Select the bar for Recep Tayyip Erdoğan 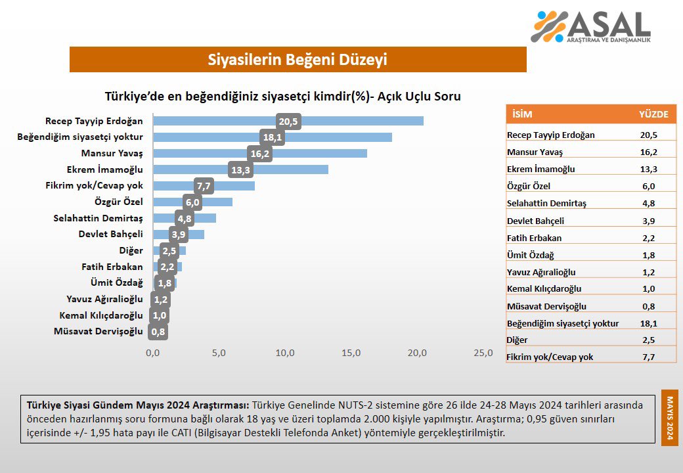click(348, 121)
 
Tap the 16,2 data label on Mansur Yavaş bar click(259, 153)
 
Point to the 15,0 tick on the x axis click(351, 353)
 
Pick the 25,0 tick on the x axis click(483, 353)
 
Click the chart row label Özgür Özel click(119, 202)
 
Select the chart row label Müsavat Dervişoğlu click(99, 331)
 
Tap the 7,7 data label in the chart click(204, 186)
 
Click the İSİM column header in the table click(523, 114)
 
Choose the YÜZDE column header click(653, 114)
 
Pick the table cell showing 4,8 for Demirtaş click(648, 203)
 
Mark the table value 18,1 click(648, 323)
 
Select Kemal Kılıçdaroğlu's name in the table click(544, 289)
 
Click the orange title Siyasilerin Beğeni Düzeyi click(297, 60)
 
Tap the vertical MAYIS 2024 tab click(670, 418)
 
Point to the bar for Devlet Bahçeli click(190, 234)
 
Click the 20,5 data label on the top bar click(288, 122)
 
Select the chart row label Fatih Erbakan click(112, 267)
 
